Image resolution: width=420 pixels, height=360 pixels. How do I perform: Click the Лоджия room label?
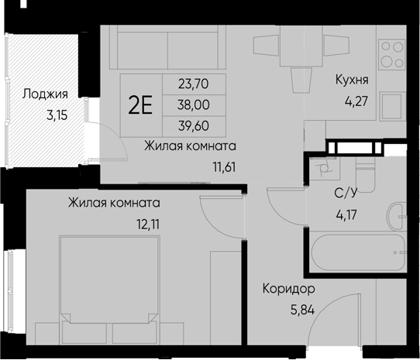coord(44,94)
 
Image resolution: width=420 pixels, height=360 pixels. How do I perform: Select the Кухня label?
coord(351,80)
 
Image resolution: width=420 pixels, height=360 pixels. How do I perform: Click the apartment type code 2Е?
coord(140,104)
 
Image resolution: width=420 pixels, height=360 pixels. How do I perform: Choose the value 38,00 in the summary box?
coord(193,103)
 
